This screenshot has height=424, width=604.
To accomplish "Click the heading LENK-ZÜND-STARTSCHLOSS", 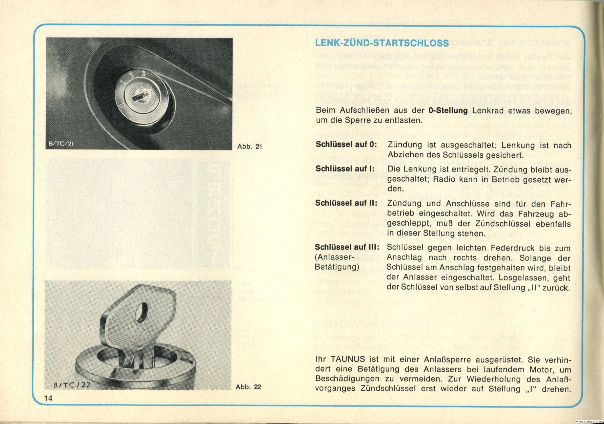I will [382, 43].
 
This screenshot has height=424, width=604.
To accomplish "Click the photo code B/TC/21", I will [60, 144].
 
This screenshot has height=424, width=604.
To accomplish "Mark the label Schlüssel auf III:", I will [347, 247].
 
